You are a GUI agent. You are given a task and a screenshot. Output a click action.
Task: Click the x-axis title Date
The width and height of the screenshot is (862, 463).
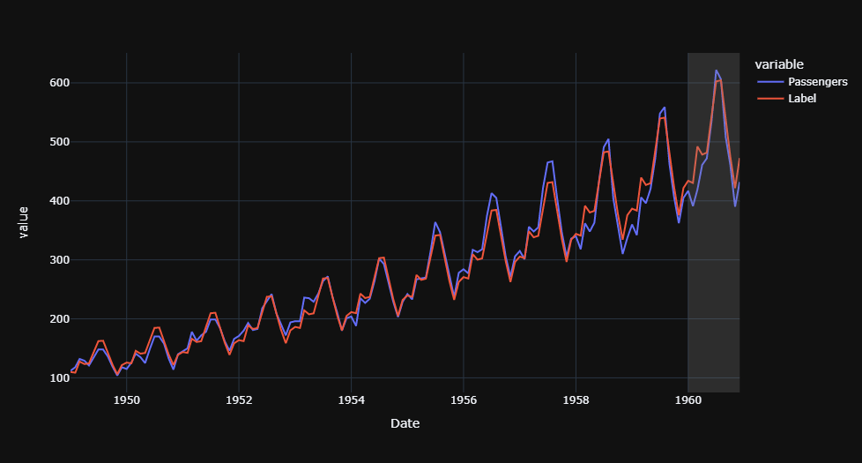tap(405, 424)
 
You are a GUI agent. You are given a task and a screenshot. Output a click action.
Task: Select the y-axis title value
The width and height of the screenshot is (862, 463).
tap(25, 221)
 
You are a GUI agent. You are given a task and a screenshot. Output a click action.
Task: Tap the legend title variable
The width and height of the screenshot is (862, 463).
tap(779, 63)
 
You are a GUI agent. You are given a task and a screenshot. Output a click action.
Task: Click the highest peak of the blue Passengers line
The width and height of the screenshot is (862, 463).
tap(716, 71)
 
